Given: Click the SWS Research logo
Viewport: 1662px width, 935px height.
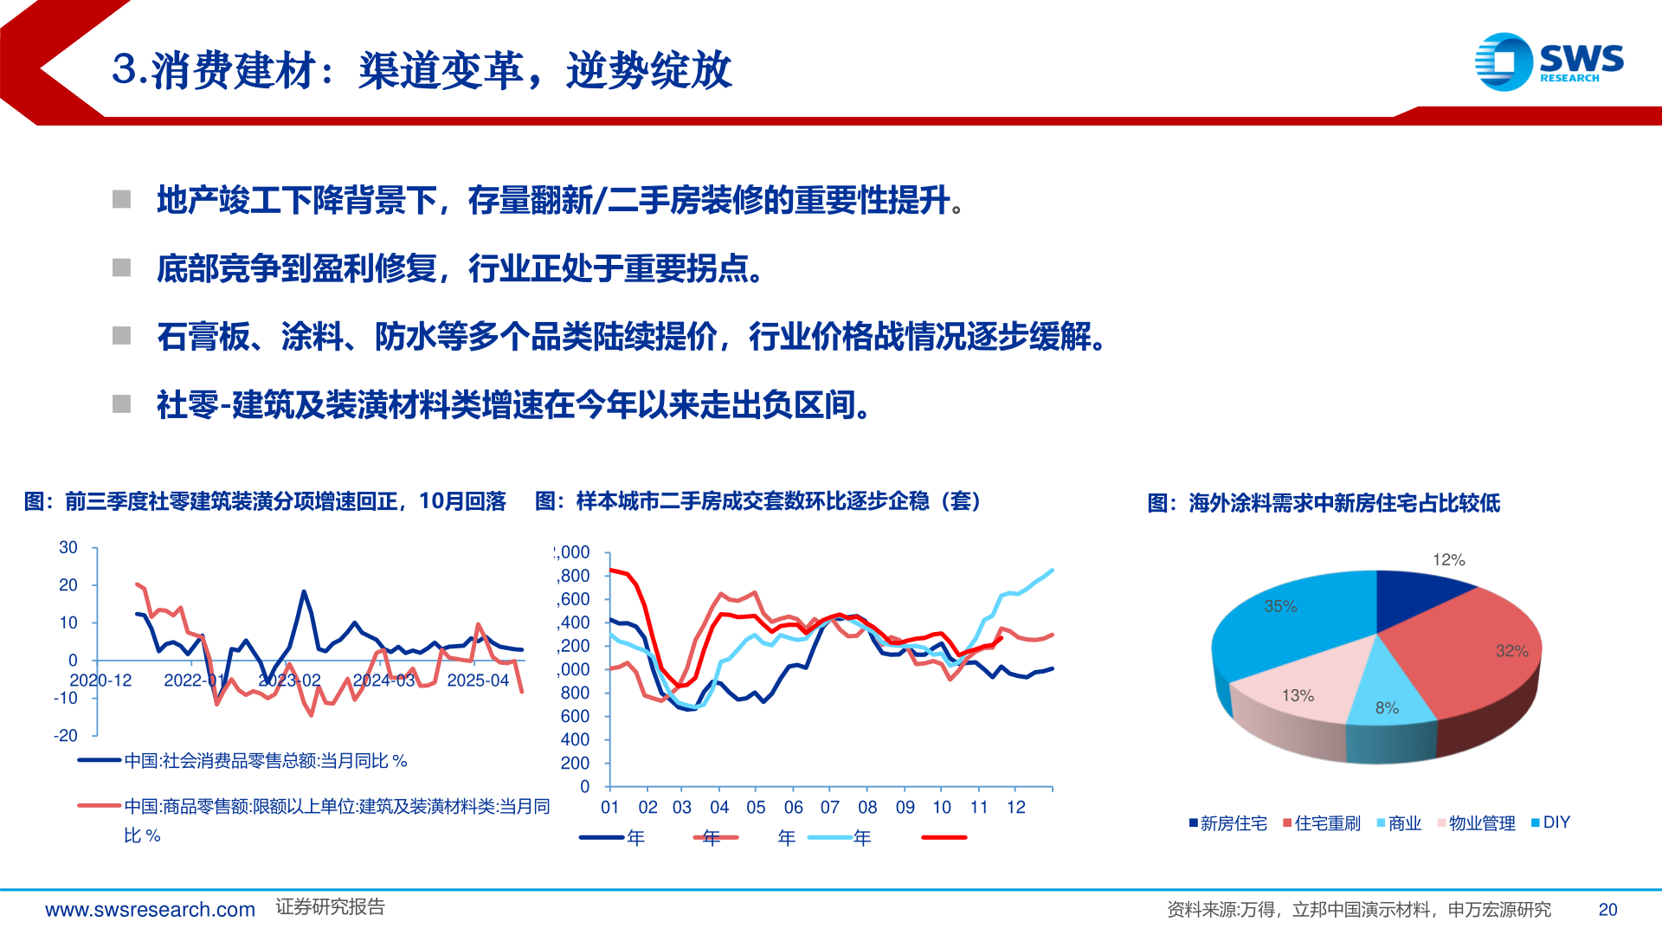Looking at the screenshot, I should coord(1549,61).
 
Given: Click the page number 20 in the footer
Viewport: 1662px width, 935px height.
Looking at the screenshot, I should coord(1607,910).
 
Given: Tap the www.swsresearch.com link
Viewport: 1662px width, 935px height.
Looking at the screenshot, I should coord(150,910).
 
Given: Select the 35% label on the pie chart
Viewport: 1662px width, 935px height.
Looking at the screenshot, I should coord(1280,607).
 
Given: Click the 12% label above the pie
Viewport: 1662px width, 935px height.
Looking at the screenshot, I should coord(1448,560).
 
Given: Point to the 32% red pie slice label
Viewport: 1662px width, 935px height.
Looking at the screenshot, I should coord(1511,651).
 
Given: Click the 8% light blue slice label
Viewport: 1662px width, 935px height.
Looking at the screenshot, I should coord(1387,708).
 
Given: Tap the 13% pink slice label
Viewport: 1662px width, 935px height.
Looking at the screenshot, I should coord(1298,696).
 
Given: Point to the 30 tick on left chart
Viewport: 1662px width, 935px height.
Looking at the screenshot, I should coord(68,548).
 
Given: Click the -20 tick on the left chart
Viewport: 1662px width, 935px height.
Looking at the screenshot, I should coord(66,736).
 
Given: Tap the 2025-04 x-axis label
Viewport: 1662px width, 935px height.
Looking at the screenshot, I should coord(478,680).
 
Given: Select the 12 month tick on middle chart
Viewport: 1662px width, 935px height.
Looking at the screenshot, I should coord(1015,808).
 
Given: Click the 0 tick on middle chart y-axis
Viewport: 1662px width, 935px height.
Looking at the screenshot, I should coord(585,787).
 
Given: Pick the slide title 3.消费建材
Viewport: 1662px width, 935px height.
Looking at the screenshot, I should coord(422,70).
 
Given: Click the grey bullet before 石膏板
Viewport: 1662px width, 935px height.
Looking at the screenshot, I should coord(122,336).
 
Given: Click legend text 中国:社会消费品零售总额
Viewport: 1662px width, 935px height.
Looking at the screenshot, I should coord(265,761).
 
